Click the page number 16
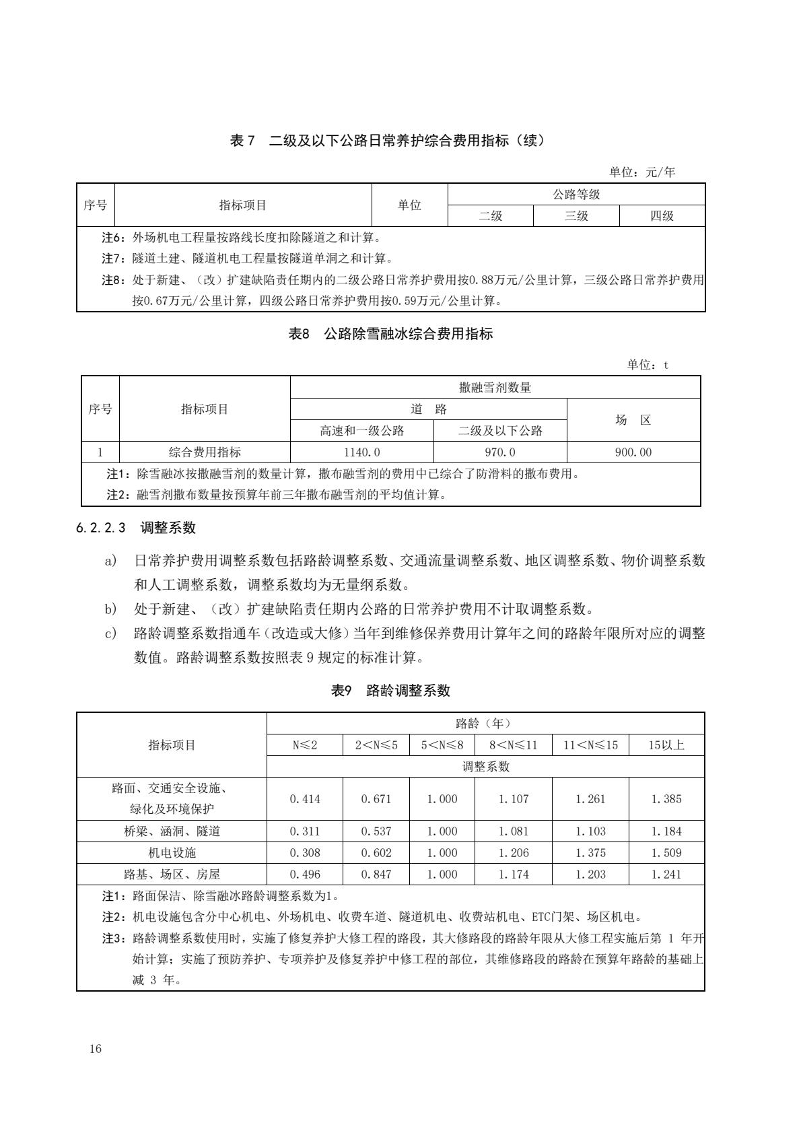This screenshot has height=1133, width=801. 95,1049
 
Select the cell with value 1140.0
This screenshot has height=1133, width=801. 362,452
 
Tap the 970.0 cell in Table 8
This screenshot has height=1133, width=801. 500,452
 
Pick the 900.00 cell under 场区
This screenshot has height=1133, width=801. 633,452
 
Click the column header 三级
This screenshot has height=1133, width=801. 576,216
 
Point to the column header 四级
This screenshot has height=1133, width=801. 662,216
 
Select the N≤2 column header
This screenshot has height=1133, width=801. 305,745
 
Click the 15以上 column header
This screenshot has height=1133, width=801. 666,745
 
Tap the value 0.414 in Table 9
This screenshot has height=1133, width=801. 305,799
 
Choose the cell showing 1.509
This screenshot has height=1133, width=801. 666,853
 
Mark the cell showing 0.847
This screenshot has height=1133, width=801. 376,874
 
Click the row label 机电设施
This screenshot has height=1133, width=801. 172,853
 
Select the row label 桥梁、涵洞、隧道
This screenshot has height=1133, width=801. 172,831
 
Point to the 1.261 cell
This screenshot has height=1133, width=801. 590,799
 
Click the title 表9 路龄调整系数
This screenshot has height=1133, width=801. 391,690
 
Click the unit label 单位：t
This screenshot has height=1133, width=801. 648,364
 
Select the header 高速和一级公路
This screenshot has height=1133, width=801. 362,431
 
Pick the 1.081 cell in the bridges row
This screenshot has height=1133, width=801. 514,831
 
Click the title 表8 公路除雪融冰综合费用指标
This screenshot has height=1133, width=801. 391,333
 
